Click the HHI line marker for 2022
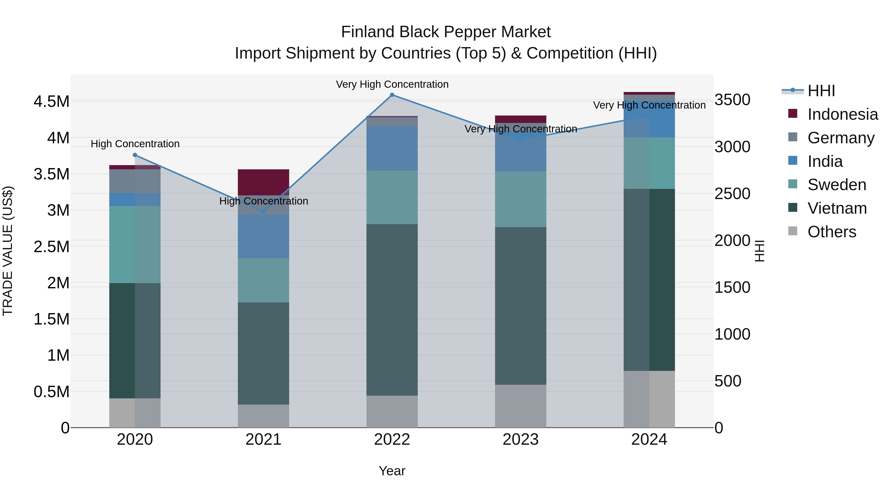coord(392,95)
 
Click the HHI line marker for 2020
coord(135,155)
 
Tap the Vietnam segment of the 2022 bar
coord(392,309)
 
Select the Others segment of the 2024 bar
coord(649,399)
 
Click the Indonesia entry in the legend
coord(842,114)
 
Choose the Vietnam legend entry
coord(837,208)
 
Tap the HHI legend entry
coord(821,91)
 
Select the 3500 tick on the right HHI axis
coord(732,100)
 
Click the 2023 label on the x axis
coord(520,439)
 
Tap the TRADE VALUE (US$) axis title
coord(8,251)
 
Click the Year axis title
coord(392,471)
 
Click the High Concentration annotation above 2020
coord(135,144)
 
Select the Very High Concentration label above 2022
coord(392,84)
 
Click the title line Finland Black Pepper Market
coord(446,32)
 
